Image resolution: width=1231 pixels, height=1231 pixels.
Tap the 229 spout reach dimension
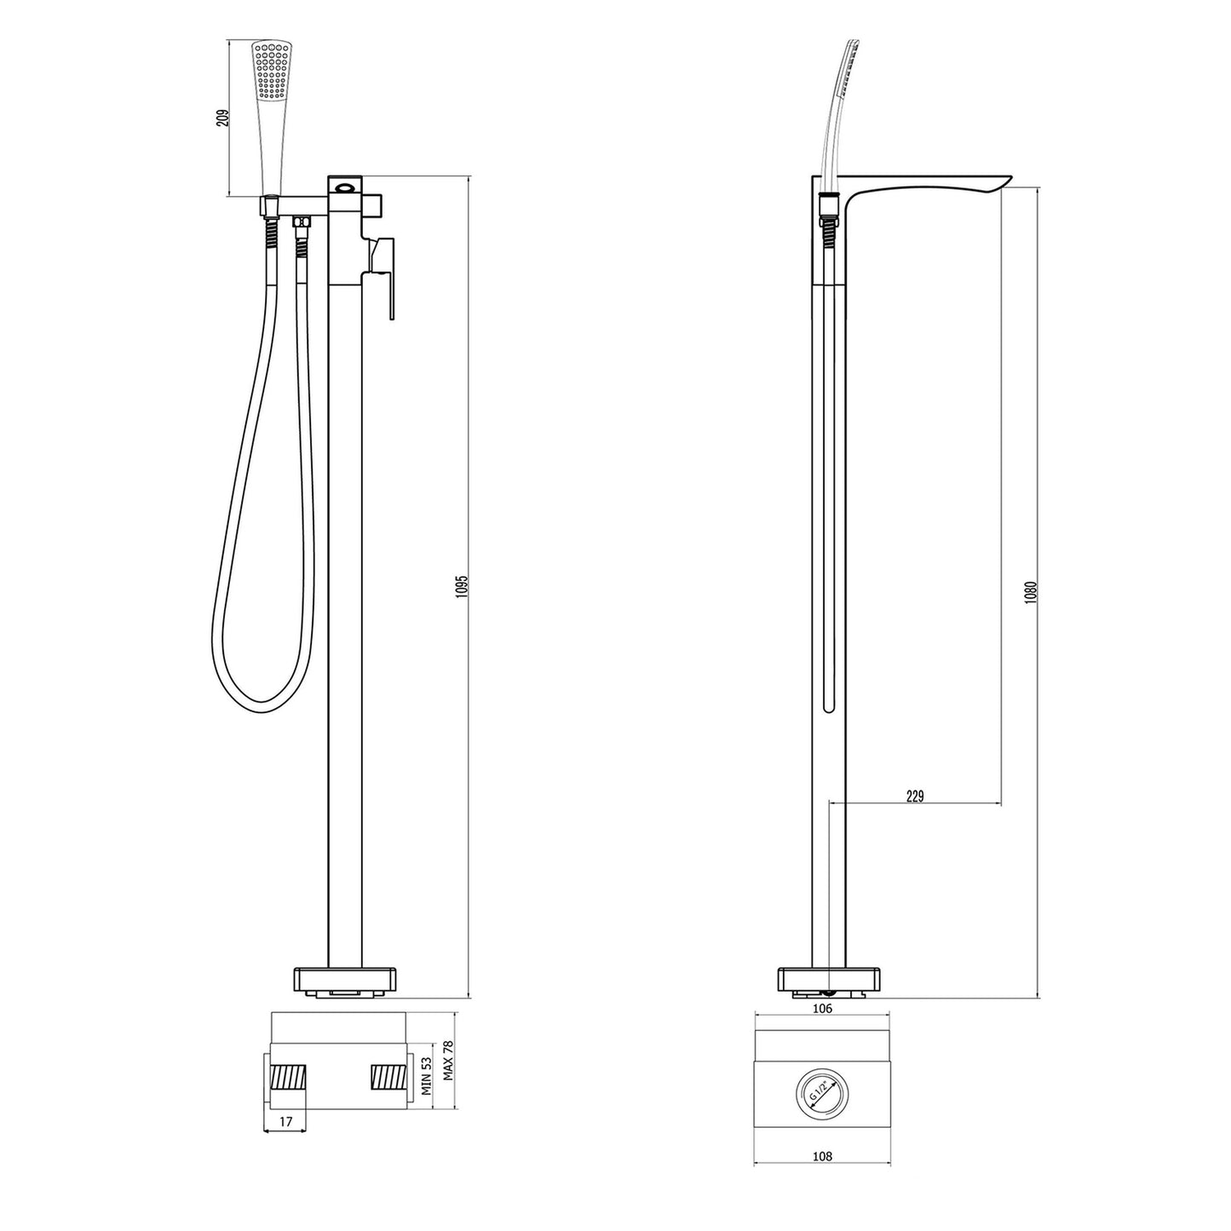coord(914,797)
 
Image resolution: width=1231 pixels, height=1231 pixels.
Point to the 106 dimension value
coord(822,1008)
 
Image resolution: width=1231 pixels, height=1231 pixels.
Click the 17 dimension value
coord(285,1122)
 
